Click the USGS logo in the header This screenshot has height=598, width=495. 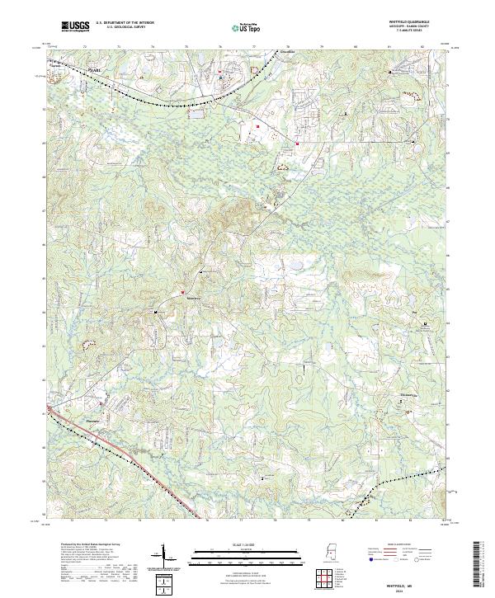[75, 26]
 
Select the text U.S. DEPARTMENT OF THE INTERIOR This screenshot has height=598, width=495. [124, 23]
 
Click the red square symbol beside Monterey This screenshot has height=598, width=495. [182, 292]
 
